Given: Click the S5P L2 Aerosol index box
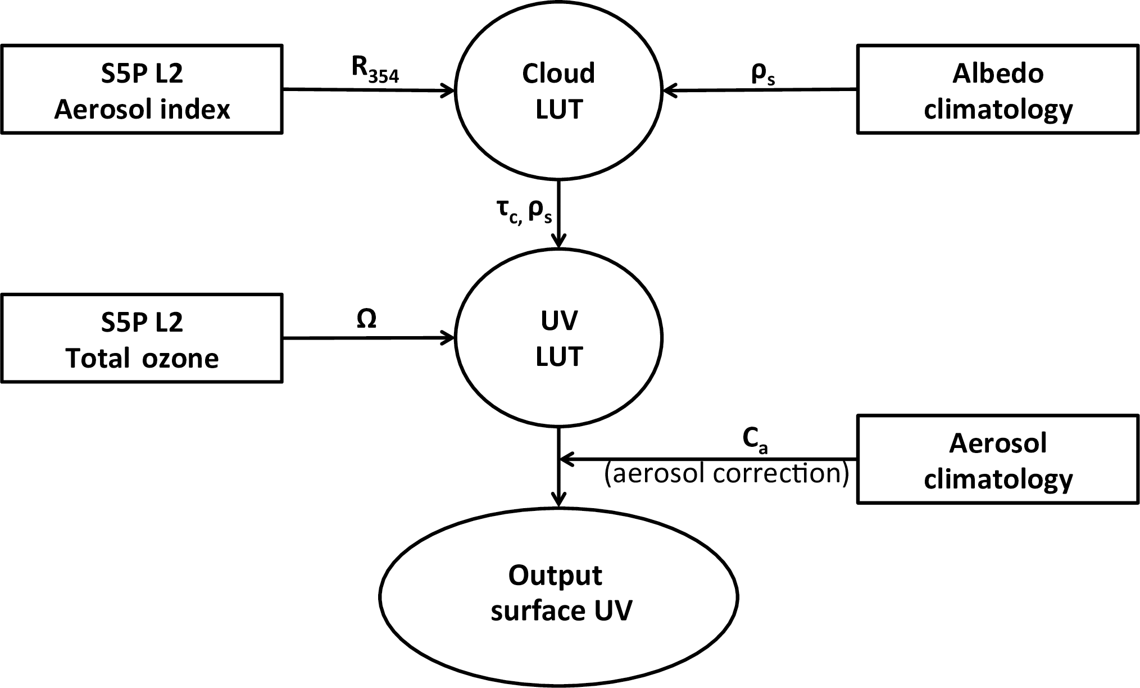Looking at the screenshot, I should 142,90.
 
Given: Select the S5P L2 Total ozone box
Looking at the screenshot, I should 142,338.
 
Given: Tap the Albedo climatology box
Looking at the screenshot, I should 998,90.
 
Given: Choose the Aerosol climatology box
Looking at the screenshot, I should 998,459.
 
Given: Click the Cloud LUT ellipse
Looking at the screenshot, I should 558,90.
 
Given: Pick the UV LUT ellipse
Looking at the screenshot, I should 558,338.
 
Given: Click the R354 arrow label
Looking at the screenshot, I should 375,70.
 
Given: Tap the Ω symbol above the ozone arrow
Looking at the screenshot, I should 366,319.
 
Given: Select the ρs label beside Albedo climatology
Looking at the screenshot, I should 763,75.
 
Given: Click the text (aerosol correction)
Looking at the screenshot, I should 726,474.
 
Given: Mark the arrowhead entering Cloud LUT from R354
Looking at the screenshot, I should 449,90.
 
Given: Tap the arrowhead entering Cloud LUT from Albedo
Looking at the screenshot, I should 669,90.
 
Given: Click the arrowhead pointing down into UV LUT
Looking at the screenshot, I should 558,241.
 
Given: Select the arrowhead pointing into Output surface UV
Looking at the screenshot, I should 558,500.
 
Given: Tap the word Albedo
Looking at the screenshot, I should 998,74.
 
